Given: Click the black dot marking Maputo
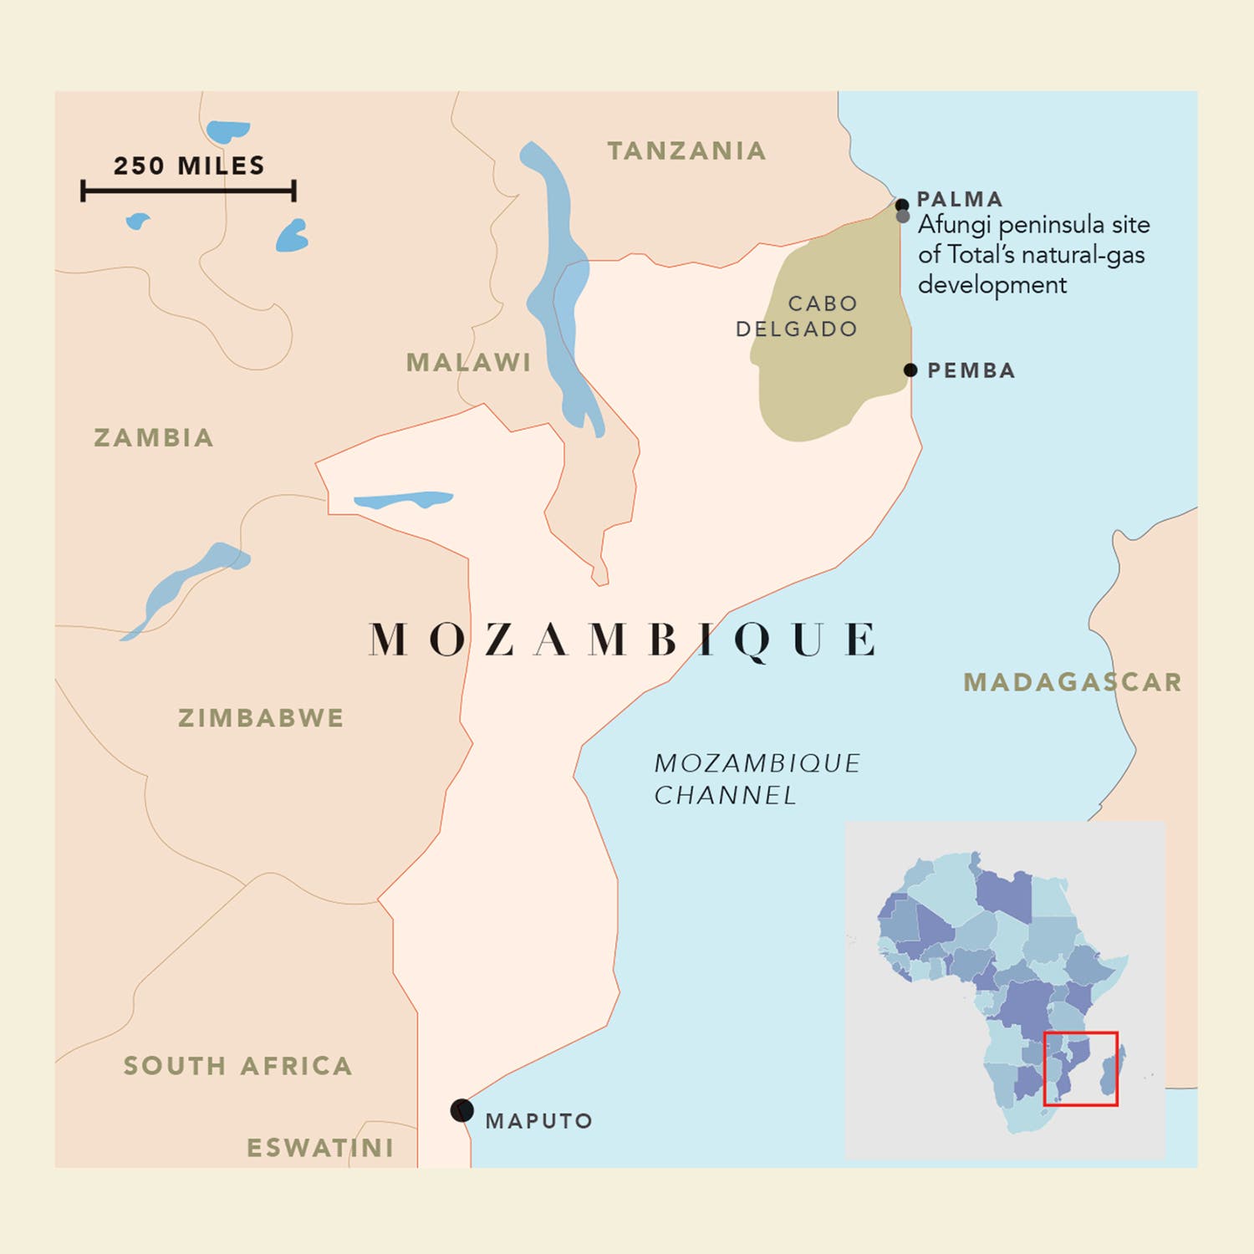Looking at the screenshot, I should coord(461,1110).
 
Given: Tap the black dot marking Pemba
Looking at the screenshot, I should coord(910,370).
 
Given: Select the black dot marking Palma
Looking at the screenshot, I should coord(901,205).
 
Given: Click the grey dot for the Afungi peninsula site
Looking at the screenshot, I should coord(903,217).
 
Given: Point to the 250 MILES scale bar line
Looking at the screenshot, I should coord(188,191).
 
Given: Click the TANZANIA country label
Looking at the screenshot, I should coord(686,151).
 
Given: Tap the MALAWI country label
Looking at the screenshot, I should coord(468,363).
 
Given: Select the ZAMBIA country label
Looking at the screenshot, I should coord(154,438).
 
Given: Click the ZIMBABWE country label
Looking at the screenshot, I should coord(261,718).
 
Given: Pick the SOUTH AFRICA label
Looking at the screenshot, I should coord(237,1066).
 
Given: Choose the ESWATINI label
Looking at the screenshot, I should coord(320,1148).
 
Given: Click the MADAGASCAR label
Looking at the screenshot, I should coord(1073,682).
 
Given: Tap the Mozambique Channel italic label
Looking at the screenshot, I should coord(756,779).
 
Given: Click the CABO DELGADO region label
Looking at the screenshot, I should coord(797,316).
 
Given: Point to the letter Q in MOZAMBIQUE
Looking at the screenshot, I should coord(752,641).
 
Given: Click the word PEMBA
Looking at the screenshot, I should coord(971,370).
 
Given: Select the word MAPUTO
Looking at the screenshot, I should coord(538,1121).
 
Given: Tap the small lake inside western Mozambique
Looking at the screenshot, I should coord(403,500).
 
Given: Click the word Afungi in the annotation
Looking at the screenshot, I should coord(955,225).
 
